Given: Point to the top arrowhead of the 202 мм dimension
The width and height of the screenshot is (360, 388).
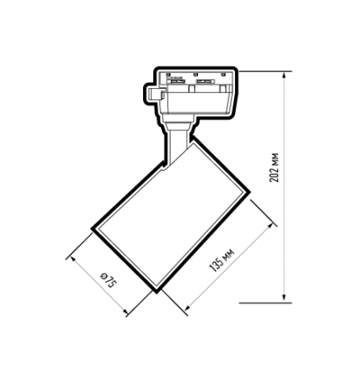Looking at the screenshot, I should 283,76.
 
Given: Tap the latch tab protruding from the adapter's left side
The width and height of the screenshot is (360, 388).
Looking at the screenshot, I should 153,90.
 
